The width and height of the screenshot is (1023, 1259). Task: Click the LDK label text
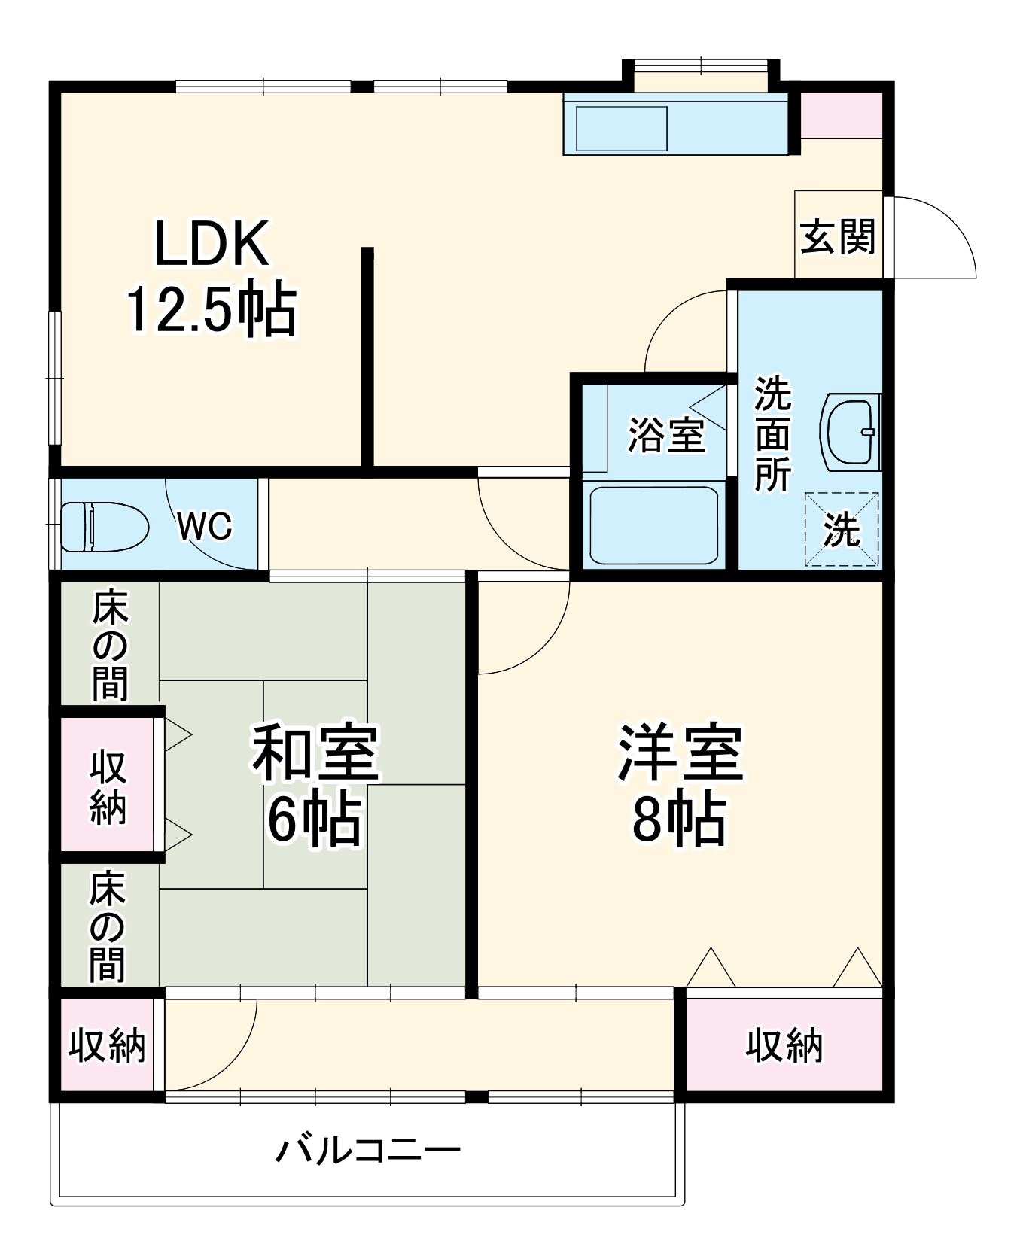pos(212,244)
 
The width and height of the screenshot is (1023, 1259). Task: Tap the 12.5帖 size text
pos(212,309)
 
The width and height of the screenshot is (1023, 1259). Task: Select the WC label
pos(205,525)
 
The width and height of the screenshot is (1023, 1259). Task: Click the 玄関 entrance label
pos(838,237)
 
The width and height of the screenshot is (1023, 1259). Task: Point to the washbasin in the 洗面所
pos(852,432)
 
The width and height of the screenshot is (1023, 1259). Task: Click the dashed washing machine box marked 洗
pos(842,529)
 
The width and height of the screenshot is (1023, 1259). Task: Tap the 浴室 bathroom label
pos(666,435)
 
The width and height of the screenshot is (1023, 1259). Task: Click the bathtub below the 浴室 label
pos(653,525)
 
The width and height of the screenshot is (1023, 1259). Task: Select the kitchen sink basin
pos(621,128)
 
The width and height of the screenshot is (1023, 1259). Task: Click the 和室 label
pos(315,752)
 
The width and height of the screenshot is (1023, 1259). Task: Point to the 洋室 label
pos(680,752)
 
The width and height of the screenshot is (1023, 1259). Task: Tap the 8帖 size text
pos(679,820)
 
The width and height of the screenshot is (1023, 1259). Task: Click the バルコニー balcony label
pos(368,1150)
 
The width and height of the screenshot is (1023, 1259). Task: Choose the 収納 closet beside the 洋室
pos(784,1045)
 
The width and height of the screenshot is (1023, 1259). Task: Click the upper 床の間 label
pos(110,646)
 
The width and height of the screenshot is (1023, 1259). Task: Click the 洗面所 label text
pos(772,433)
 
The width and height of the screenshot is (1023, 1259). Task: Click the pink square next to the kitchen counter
pos(840,116)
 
